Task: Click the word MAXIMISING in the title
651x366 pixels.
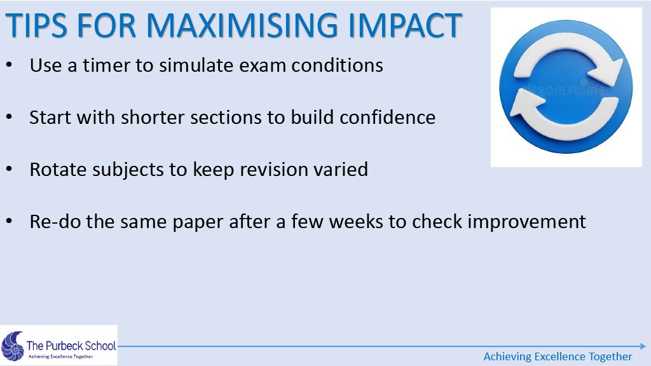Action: point(242,25)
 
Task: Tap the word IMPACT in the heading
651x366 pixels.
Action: point(405,25)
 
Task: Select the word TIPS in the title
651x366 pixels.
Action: point(36,25)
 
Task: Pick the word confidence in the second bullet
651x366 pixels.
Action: point(388,118)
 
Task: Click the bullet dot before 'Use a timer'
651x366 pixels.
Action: point(9,65)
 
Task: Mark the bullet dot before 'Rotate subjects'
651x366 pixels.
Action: point(9,169)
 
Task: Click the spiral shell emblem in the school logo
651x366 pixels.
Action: point(13,346)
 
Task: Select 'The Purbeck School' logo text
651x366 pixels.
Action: point(71,345)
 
